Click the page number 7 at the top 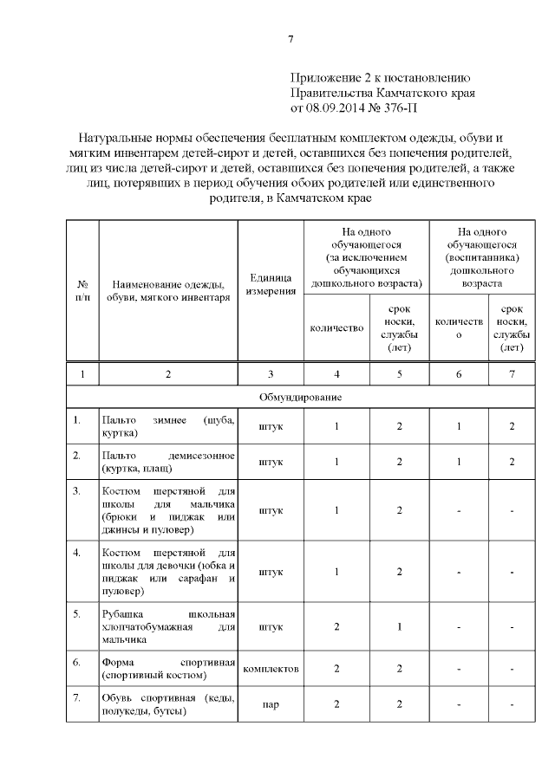[x=291, y=38]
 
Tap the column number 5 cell [x=399, y=373]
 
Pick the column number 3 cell [x=271, y=373]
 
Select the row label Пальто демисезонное [x=167, y=462]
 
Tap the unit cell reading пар [x=271, y=705]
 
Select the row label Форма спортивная [x=167, y=668]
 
